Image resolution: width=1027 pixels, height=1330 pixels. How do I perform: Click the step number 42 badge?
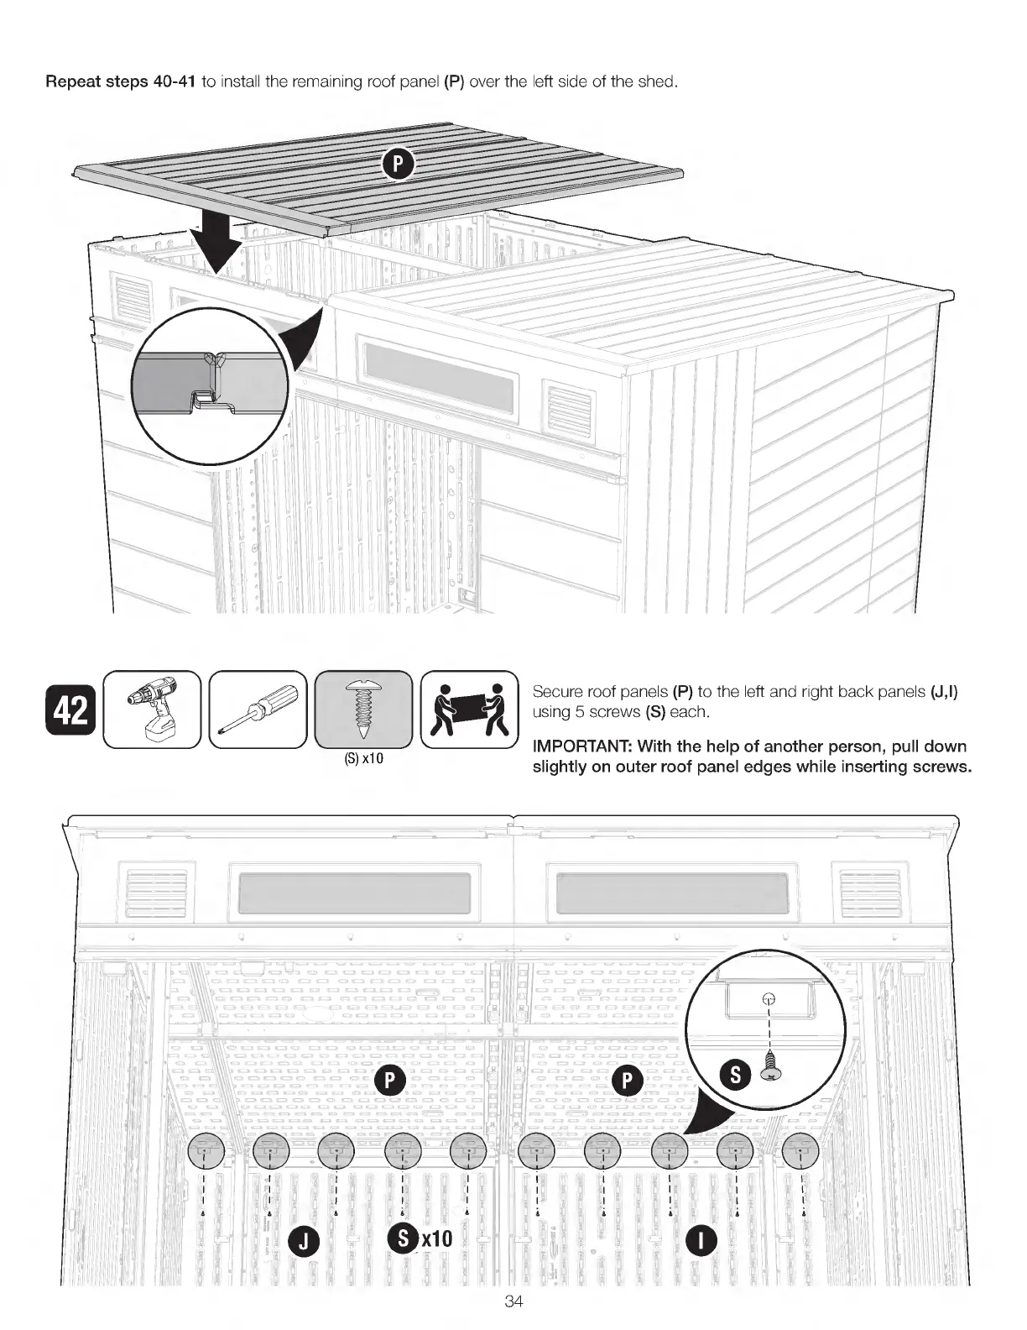[x=70, y=710]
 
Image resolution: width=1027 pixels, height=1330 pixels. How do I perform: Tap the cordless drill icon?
[x=151, y=710]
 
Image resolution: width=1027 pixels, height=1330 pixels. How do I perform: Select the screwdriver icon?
[x=258, y=710]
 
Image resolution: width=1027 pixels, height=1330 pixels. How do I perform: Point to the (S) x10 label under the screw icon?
[x=363, y=759]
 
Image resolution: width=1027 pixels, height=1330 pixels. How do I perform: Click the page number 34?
[x=513, y=1301]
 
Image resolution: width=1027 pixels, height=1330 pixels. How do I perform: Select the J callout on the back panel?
[x=303, y=1239]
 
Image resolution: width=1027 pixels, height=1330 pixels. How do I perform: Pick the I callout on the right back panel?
[x=701, y=1239]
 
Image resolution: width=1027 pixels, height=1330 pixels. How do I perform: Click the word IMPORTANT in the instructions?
[x=579, y=746]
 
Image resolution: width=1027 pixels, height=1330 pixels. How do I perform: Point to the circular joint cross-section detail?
[x=211, y=383]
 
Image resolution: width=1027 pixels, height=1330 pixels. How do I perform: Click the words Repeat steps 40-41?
[x=121, y=82]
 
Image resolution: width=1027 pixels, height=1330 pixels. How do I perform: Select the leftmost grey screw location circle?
[x=204, y=1149]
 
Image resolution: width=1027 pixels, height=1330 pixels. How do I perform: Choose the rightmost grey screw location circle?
[x=801, y=1149]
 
